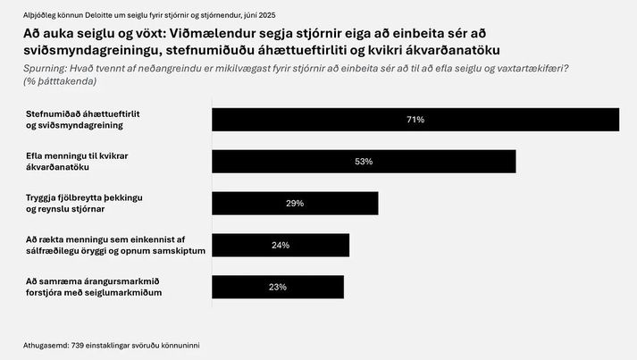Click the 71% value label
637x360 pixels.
tap(415, 120)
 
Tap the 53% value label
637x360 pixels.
tap(363, 162)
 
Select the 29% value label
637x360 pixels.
tap(295, 204)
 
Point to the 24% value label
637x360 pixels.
tap(281, 246)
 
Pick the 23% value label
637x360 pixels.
tap(277, 287)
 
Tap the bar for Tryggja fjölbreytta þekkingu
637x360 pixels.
tap(339, 204)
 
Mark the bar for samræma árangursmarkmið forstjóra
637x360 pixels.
tap(313, 287)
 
